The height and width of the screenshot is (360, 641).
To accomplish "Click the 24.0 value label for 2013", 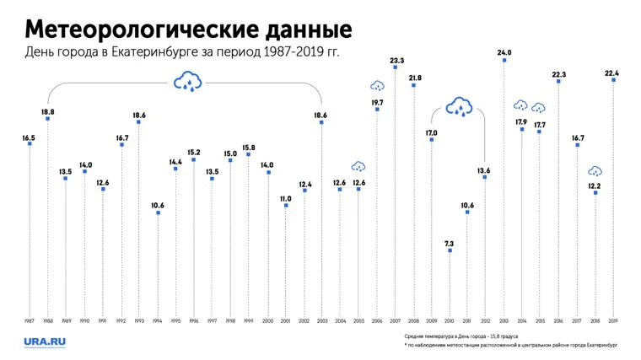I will click(504, 52).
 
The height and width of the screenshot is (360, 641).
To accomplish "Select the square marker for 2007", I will click(396, 67).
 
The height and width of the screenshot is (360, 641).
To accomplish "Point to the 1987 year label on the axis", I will click(30, 321).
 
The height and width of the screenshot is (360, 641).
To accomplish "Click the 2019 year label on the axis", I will click(614, 321).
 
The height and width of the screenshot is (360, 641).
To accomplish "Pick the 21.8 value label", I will click(414, 78).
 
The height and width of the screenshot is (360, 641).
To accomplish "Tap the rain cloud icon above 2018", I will click(595, 171).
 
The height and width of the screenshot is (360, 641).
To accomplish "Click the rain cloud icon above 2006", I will click(377, 85).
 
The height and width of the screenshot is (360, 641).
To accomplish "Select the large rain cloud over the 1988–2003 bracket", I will click(186, 81).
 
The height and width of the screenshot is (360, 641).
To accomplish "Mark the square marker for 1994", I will click(158, 212).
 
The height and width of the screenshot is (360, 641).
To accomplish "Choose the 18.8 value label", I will click(48, 111).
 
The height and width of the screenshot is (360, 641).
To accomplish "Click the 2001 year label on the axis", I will click(286, 321).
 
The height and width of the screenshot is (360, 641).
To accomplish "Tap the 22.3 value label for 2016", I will click(559, 74).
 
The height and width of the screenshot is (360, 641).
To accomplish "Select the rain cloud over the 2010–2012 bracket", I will click(460, 106).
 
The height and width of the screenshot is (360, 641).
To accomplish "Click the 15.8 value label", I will click(249, 148).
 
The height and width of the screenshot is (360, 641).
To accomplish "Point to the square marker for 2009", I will click(432, 140).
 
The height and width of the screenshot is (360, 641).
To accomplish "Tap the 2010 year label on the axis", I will click(450, 321).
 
